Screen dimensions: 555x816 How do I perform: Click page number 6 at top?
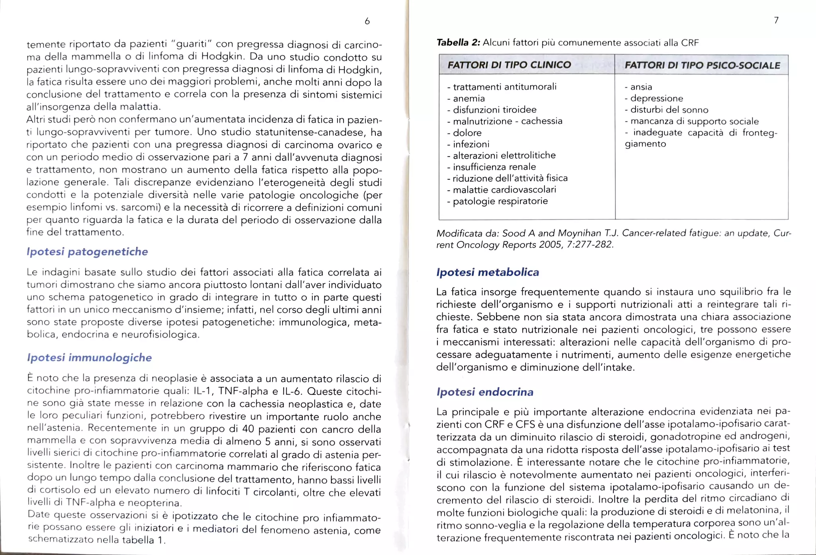pyautogui.click(x=367, y=21)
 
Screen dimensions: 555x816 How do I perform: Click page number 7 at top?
pyautogui.click(x=776, y=20)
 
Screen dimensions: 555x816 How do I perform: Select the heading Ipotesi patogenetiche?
pyautogui.click(x=87, y=252)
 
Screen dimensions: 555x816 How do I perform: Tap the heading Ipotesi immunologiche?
pyautogui.click(x=89, y=358)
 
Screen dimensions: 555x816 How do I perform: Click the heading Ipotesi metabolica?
pyautogui.click(x=487, y=272)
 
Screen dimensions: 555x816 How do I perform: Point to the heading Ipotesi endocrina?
pyautogui.click(x=484, y=392)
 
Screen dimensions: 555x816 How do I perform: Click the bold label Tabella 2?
pyautogui.click(x=458, y=43)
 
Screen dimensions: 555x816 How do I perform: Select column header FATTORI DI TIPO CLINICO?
pyautogui.click(x=509, y=65)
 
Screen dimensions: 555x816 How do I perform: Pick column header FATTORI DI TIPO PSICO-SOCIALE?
pyautogui.click(x=702, y=66)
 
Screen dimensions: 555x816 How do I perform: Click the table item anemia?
pyautogui.click(x=469, y=98)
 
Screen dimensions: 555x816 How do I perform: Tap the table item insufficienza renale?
pyautogui.click(x=494, y=167)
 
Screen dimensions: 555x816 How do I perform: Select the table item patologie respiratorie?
pyautogui.click(x=500, y=201)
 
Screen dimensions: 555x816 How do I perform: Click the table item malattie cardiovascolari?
pyautogui.click(x=504, y=190)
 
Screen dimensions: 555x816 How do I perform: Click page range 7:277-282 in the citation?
pyautogui.click(x=589, y=244)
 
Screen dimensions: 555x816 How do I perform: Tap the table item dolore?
pyautogui.click(x=467, y=133)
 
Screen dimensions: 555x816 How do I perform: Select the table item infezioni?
pyautogui.click(x=471, y=144)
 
